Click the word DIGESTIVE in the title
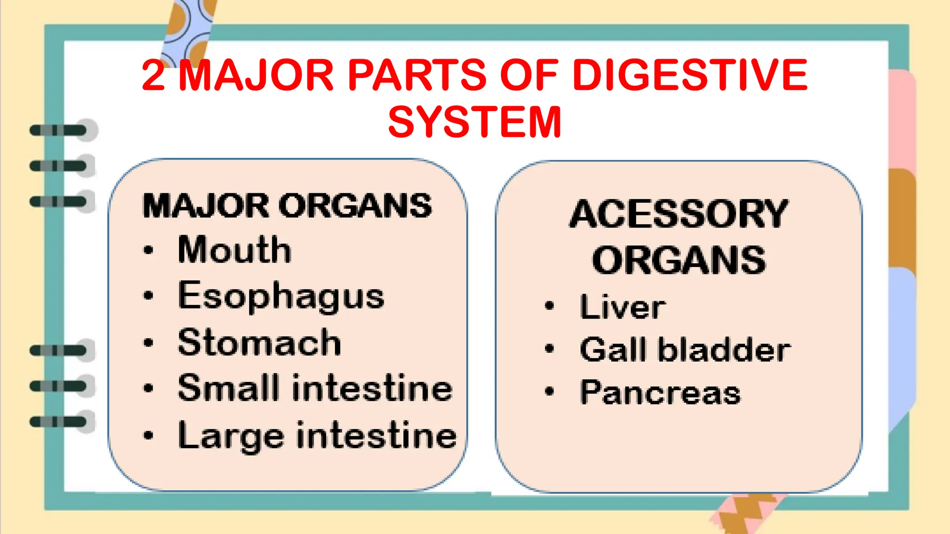pyautogui.click(x=690, y=75)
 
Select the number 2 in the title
pyautogui.click(x=154, y=75)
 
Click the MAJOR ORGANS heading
pyautogui.click(x=287, y=206)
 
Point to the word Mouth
pyautogui.click(x=235, y=250)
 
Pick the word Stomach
pyautogui.click(x=259, y=343)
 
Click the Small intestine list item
pyautogui.click(x=315, y=388)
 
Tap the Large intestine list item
pyautogui.click(x=317, y=436)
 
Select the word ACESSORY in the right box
pyautogui.click(x=679, y=214)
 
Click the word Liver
pyautogui.click(x=623, y=307)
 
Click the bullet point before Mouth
pyautogui.click(x=148, y=250)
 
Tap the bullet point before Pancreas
pyautogui.click(x=550, y=392)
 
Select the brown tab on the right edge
pyautogui.click(x=902, y=218)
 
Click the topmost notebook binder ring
pyautogui.click(x=60, y=130)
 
